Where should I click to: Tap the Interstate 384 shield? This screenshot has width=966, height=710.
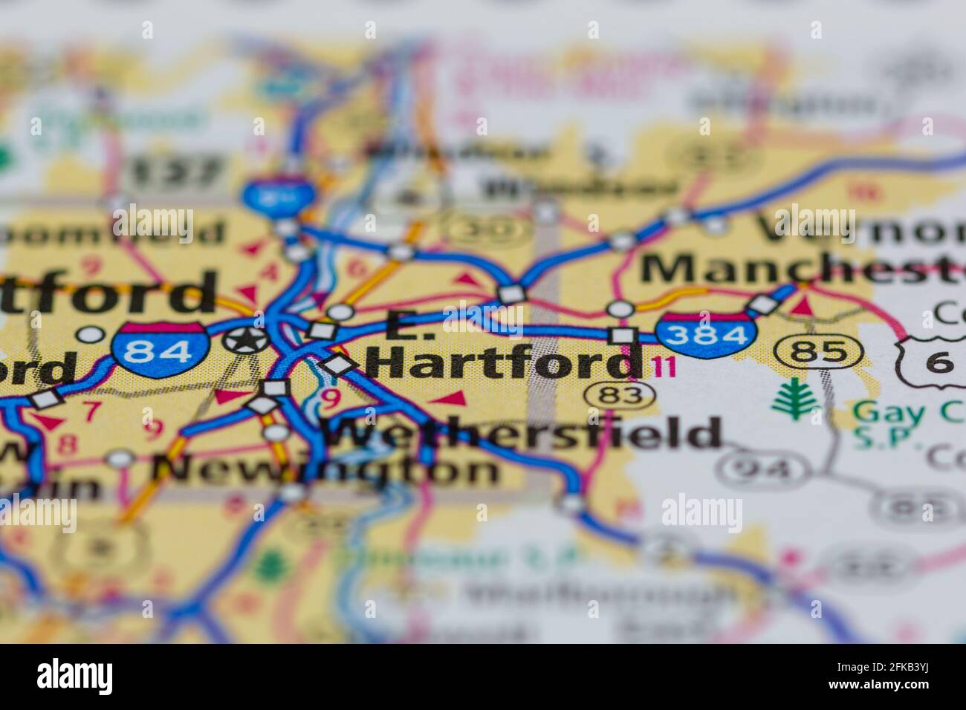pos(705,336)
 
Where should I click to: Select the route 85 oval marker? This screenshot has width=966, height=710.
pos(818,351)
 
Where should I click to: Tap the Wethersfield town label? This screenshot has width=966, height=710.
pos(524,433)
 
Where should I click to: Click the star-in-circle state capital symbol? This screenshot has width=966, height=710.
pos(247,340)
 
